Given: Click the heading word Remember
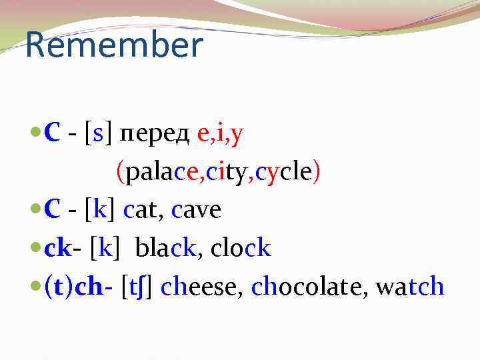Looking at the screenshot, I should (x=114, y=46).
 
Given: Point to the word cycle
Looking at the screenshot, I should (x=283, y=173).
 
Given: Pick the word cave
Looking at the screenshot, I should (x=196, y=211).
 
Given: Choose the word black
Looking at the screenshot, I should (x=166, y=249).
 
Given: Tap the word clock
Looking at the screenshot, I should (x=241, y=249).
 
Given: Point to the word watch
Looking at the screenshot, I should (x=409, y=287).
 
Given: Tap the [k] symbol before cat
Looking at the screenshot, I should (x=99, y=211).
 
